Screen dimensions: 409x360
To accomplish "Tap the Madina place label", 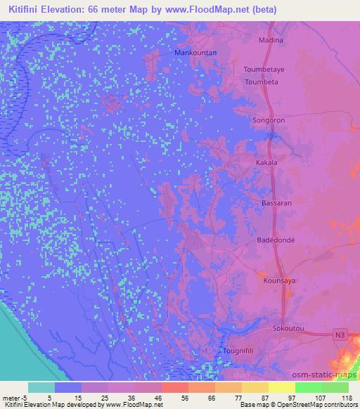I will [x=271, y=40].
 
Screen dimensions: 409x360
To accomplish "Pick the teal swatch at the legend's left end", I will [x=41, y=387].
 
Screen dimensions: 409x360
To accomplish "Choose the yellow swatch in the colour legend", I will [x=282, y=387].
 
